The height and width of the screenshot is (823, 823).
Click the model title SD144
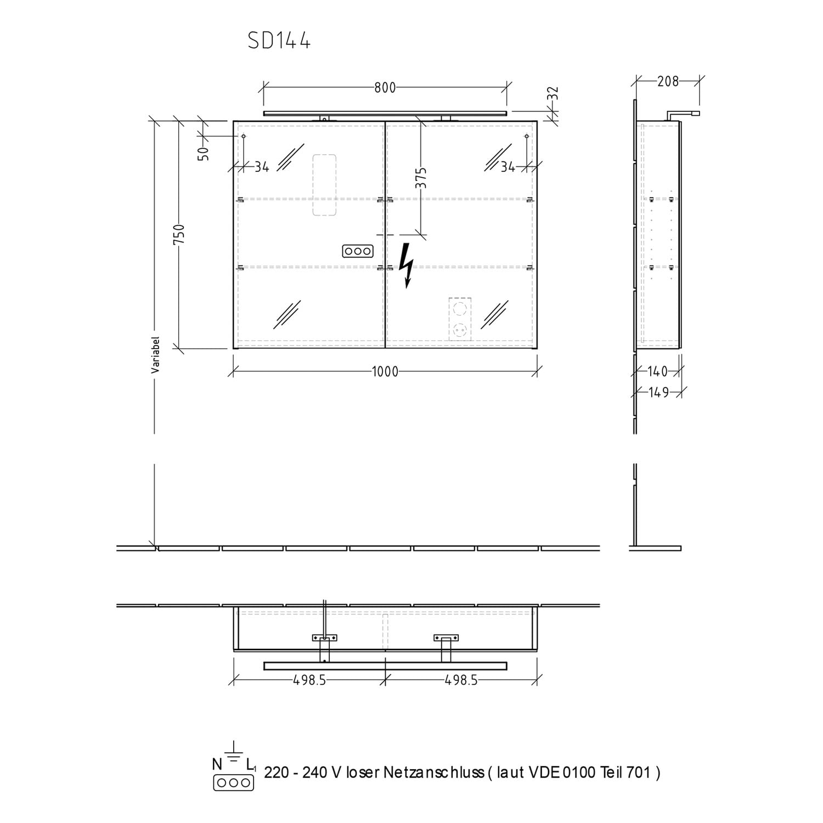click(279, 41)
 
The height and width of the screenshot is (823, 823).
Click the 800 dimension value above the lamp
click(385, 88)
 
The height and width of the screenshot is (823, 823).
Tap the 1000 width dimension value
click(385, 372)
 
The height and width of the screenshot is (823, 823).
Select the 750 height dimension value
click(180, 235)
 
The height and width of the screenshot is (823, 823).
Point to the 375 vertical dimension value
click(421, 178)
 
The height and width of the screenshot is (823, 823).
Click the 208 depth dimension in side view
click(668, 82)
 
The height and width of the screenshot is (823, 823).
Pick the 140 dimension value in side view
click(657, 372)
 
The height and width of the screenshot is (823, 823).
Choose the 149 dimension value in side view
click(658, 393)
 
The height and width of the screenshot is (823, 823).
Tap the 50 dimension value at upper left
click(204, 153)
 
